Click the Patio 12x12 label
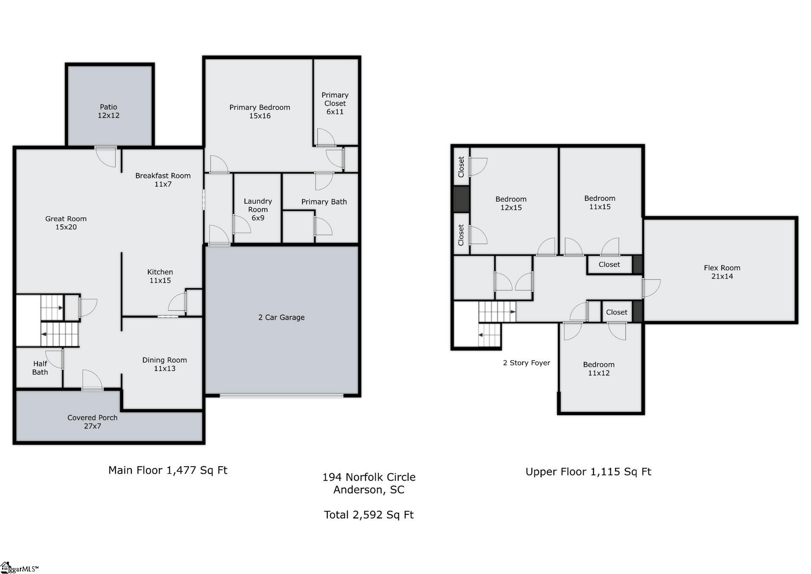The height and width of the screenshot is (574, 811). pos(109,111)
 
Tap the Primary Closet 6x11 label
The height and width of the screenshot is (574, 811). pos(335,103)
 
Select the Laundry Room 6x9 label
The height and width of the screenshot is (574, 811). pos(258,209)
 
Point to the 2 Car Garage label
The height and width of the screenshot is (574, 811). pos(281,317)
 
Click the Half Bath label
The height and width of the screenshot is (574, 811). pos(40,368)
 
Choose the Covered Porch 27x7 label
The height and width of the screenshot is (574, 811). pos(93,421)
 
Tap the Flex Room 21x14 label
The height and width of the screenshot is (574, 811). pos(722,272)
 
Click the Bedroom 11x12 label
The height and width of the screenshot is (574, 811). pos(599,369)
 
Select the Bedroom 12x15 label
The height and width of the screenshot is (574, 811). pos(511,203)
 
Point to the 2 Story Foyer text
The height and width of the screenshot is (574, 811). pos(526,363)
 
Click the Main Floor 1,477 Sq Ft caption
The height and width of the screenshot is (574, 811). pos(168,470)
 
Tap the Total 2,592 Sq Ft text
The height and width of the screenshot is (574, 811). pos(369,515)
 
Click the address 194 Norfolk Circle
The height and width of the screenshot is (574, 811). pos(369,477)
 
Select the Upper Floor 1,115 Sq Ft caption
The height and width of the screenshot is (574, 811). pos(588,472)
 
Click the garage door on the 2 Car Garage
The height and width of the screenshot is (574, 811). pos(281,396)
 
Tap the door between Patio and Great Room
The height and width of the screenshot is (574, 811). pos(106,156)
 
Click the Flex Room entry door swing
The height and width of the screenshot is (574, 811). pos(651,287)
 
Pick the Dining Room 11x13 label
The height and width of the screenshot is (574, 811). pos(164,364)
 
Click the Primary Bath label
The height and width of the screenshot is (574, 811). pos(324,202)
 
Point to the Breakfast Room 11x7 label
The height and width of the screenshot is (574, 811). pos(163,180)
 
